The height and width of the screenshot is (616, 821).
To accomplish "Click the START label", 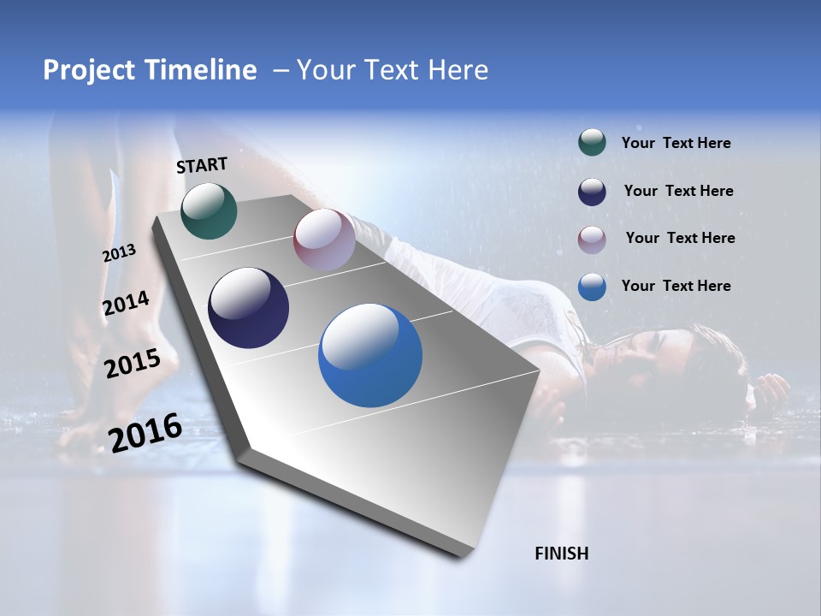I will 202,165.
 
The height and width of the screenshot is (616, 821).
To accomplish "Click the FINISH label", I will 561,554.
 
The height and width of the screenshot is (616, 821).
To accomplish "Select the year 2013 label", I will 120,253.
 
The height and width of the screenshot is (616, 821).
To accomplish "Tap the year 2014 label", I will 126,304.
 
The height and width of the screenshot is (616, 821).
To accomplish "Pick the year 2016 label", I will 145,432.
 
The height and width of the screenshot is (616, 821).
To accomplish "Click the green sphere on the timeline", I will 209,211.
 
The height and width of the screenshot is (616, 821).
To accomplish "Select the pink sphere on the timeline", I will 324,240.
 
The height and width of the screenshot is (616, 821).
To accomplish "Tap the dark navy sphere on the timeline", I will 248,308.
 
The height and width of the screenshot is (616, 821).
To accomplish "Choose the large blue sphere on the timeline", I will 370,356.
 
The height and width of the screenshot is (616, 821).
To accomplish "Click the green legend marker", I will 592,143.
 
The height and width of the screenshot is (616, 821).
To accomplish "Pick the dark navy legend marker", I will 592,192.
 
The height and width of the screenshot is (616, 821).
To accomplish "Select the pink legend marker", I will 592,240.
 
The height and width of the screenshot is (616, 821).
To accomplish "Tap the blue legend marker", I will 592,287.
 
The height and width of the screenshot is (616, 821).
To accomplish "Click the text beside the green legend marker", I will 676,144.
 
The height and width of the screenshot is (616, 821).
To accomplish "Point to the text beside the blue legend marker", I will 676,286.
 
